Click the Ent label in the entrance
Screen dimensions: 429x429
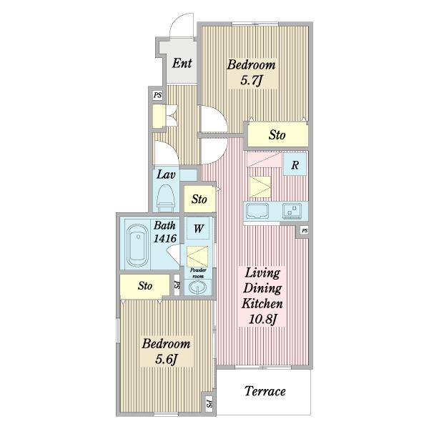(182, 63)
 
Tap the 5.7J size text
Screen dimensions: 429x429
(252, 80)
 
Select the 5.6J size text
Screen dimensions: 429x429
(167, 359)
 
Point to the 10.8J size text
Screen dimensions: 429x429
(262, 319)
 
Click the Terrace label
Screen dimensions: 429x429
(265, 391)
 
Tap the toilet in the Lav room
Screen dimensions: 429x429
(166, 198)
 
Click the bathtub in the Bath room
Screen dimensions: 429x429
(138, 246)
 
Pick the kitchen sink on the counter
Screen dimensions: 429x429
(257, 211)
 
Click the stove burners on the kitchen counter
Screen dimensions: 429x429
(292, 211)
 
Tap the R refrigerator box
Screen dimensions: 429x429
(295, 164)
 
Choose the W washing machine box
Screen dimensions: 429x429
(199, 228)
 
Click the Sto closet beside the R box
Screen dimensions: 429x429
(278, 135)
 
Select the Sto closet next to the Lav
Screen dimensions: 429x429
(199, 199)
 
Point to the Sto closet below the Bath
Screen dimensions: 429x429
(144, 286)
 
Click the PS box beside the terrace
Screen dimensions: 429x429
(209, 403)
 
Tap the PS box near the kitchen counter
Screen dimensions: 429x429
(305, 230)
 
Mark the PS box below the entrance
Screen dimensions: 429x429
(157, 95)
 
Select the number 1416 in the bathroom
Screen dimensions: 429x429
(164, 239)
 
